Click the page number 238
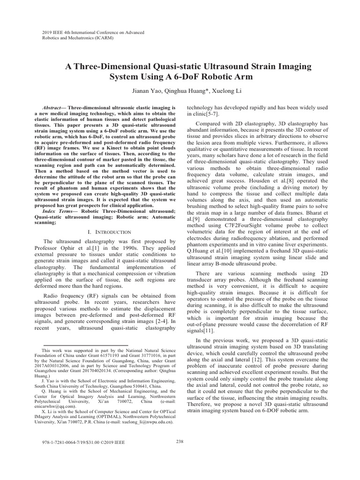coord(180,441)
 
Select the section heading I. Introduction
coord(104,232)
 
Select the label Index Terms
coord(56,211)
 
